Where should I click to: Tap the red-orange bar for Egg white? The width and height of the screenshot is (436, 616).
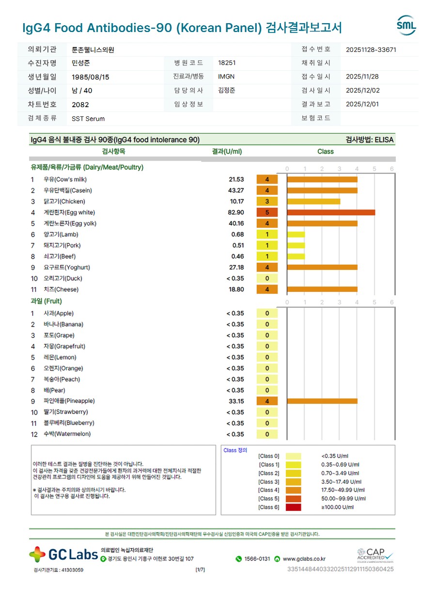331,212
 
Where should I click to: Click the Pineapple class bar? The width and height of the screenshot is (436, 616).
322,401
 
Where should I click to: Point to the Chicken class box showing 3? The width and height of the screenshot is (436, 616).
267,201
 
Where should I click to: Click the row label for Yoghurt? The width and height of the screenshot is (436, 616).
67,268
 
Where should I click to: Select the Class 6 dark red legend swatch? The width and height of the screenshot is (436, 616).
293,507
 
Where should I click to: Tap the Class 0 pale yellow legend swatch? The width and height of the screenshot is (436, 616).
293,456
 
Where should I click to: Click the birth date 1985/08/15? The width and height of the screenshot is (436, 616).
91,77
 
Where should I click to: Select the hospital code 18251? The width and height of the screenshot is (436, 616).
227,63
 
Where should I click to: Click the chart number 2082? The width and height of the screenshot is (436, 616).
80,105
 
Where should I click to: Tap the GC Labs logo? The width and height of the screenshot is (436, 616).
63,554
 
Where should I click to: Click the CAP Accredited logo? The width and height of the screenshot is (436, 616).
375,554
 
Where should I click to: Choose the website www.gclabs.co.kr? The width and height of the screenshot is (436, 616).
304,559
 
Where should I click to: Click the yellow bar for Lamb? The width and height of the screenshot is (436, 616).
296,235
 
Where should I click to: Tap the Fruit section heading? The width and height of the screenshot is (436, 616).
47,301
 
